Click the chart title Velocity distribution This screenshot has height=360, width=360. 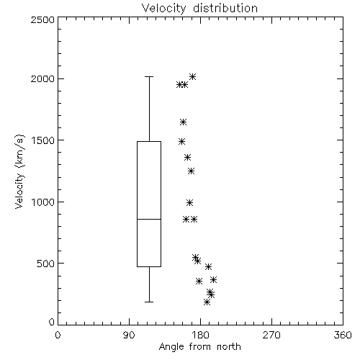tap(199, 8)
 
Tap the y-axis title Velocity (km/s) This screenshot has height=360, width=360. tap(19, 171)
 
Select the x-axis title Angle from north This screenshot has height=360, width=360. tap(199, 347)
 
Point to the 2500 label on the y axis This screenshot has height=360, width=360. tap(42, 19)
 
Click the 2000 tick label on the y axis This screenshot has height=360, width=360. tap(42, 78)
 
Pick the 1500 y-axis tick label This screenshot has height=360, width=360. tap(43, 140)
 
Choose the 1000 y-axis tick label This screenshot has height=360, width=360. tap(43, 202)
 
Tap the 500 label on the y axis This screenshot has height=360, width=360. tap(46, 264)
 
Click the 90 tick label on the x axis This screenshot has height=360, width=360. tap(129, 335)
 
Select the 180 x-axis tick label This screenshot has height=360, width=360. tap(200, 335)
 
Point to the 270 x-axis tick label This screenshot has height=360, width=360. tap(271, 335)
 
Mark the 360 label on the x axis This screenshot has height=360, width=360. tap(343, 335)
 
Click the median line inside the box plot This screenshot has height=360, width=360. tap(149, 219)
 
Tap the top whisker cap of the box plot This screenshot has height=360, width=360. tap(149, 77)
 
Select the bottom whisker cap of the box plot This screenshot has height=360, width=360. tap(149, 302)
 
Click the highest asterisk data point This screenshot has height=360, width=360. tap(192, 77)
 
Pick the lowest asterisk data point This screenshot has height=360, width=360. tap(207, 302)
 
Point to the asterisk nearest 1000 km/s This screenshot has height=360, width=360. tap(189, 203)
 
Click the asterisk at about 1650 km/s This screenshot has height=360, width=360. tap(183, 122)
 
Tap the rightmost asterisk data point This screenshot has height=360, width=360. tap(214, 279)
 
